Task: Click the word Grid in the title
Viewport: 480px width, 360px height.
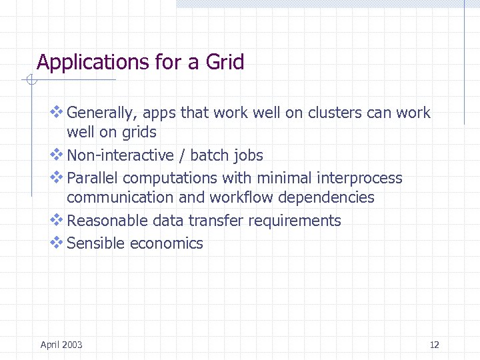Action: pyautogui.click(x=225, y=63)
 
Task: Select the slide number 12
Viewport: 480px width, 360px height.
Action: pyautogui.click(x=435, y=345)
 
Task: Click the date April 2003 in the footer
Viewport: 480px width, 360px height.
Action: pyautogui.click(x=61, y=345)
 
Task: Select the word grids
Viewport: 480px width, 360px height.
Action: pyautogui.click(x=138, y=132)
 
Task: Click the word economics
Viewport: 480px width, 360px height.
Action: pyautogui.click(x=167, y=243)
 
